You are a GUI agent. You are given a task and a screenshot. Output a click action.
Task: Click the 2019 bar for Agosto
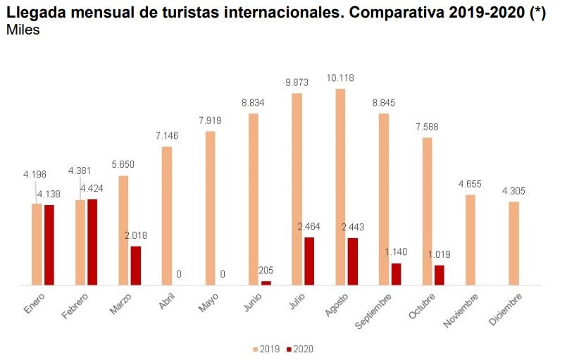340,187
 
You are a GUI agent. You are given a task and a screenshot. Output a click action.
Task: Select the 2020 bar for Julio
309,261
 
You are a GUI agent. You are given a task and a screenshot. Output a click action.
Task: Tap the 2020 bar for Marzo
136,266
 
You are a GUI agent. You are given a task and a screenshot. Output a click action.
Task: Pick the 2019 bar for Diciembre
514,243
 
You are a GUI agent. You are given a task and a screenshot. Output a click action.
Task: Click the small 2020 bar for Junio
266,283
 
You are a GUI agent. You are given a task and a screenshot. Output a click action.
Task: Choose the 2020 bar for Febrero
92,242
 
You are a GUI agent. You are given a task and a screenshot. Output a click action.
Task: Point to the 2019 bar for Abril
167,216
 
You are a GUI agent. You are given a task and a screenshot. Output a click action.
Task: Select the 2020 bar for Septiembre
396,274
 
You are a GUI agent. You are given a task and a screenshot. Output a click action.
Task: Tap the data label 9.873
297,82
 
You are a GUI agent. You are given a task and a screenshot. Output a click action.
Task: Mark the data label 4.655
470,184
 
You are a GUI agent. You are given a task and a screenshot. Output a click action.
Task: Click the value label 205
266,270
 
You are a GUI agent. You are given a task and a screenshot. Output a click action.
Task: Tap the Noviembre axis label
461,310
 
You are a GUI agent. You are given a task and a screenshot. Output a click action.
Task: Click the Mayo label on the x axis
209,303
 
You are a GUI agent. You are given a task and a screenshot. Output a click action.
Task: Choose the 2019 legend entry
266,349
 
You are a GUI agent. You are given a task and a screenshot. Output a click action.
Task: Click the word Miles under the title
23,30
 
